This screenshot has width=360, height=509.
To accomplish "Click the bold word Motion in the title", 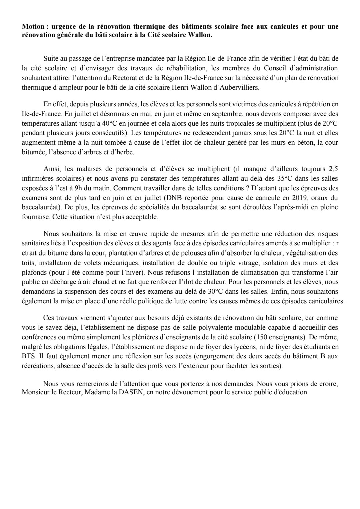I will [32, 26].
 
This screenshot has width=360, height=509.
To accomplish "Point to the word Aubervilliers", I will [237, 88].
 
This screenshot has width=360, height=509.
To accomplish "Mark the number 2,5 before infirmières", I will [333, 168].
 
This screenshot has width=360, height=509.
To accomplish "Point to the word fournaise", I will [34, 217].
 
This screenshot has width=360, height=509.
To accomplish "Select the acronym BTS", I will [28, 356].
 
